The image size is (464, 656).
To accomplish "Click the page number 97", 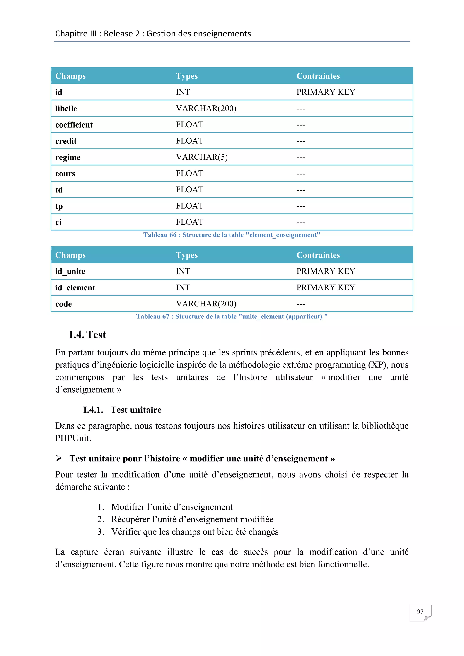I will [420, 611].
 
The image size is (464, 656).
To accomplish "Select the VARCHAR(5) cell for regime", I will [202, 157].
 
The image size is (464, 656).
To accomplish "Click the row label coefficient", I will [74, 125].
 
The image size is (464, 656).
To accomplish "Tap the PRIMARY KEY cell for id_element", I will [326, 287].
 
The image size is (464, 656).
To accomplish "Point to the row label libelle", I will [66, 109].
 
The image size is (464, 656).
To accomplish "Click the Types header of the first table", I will [186, 76].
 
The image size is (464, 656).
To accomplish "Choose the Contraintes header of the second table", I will [318, 255].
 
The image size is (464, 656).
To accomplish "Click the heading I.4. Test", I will [88, 335].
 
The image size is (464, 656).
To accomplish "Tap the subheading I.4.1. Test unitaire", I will [122, 410].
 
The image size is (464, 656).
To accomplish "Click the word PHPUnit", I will [73, 438].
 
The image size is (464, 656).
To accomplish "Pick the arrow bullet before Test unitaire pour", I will [59, 458].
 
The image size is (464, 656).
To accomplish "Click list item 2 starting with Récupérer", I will [192, 519].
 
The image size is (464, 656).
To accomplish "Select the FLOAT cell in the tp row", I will [189, 206].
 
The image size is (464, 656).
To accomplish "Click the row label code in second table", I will [63, 304].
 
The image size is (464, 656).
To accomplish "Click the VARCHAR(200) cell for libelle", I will [206, 109].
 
